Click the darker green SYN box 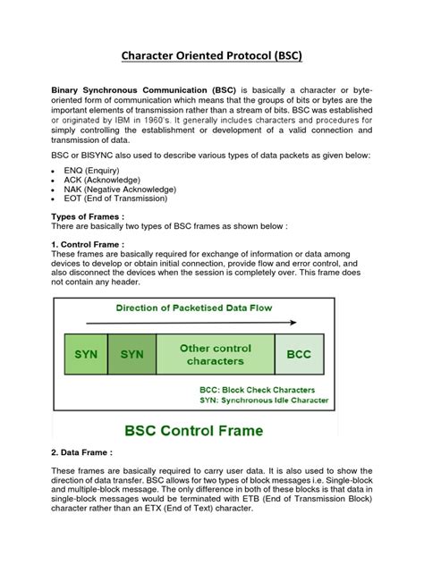point(131,354)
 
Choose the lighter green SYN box point(85,354)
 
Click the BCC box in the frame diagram point(299,354)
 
